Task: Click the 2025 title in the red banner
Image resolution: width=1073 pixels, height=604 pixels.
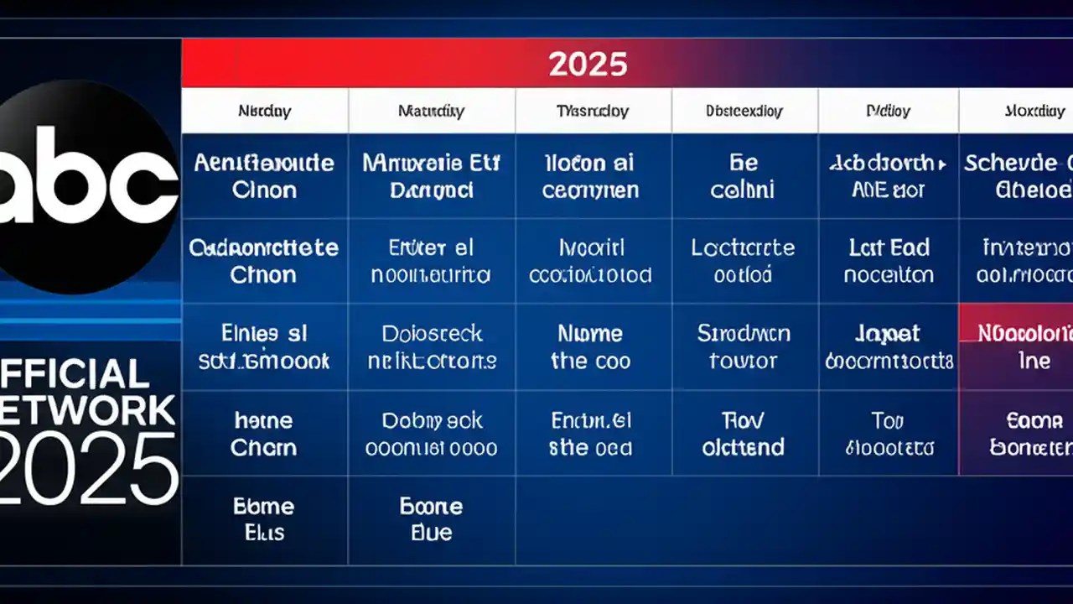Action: click(588, 64)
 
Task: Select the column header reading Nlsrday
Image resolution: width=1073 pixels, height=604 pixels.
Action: click(264, 111)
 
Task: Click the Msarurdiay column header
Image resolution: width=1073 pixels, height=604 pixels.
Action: click(431, 111)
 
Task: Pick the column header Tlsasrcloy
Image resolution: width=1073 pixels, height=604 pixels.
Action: click(593, 111)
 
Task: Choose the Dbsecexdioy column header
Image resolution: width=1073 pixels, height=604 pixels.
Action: click(744, 111)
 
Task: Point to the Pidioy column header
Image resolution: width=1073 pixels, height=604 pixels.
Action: click(888, 111)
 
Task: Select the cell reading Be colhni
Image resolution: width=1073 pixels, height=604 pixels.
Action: click(744, 176)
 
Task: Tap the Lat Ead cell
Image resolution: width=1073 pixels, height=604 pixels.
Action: click(888, 261)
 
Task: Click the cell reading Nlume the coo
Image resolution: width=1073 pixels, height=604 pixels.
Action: click(591, 347)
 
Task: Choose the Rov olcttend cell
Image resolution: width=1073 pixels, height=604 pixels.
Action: click(744, 433)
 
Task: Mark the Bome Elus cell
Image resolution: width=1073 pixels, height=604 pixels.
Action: click(264, 519)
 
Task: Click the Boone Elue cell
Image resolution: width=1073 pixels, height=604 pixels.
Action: click(432, 519)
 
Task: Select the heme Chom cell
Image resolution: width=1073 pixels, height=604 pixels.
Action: click(264, 433)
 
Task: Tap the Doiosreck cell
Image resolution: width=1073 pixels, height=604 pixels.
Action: click(432, 347)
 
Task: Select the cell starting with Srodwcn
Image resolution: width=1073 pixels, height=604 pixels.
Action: click(744, 347)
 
